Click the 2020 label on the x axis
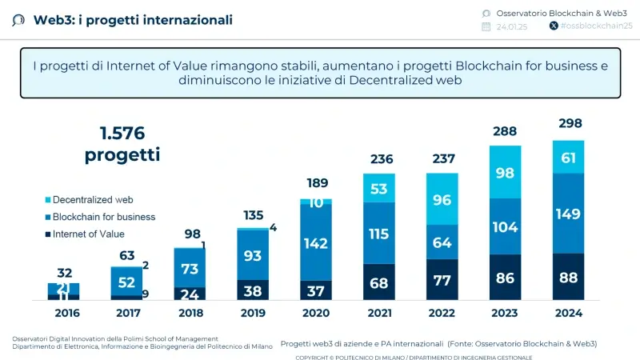(316, 314)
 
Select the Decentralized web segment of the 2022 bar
(442, 199)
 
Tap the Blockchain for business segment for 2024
(568, 213)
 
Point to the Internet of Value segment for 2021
(379, 282)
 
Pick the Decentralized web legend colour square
(47, 199)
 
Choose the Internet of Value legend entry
(88, 234)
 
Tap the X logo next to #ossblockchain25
(554, 26)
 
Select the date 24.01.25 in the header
(511, 26)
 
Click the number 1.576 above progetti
(122, 133)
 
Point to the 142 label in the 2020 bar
(315, 243)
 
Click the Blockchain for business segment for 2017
(126, 282)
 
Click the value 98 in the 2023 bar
(505, 173)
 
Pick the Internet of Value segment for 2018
(190, 294)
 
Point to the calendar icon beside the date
(486, 26)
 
